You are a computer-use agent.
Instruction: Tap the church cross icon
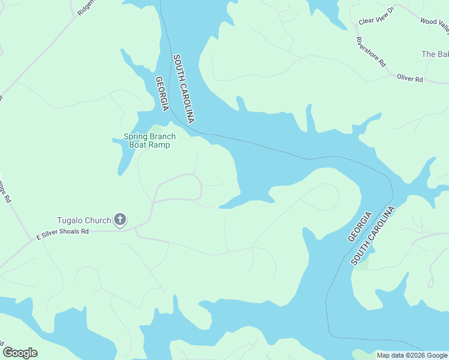pyautogui.click(x=120, y=220)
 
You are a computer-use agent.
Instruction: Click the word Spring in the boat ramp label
pyautogui.click(x=135, y=136)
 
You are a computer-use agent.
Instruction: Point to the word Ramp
pyautogui.click(x=160, y=145)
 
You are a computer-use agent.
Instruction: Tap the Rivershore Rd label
pyautogui.click(x=370, y=52)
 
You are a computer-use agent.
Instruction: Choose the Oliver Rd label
pyautogui.click(x=410, y=79)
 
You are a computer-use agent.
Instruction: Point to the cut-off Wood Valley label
pyautogui.click(x=434, y=22)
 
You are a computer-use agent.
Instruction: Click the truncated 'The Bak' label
pyautogui.click(x=435, y=54)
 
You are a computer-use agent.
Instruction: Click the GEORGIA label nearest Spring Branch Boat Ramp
pyautogui.click(x=161, y=94)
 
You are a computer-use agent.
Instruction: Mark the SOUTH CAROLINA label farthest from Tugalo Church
pyautogui.click(x=374, y=235)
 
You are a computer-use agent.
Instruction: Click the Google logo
pyautogui.click(x=20, y=353)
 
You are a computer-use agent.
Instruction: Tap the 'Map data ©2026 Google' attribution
pyautogui.click(x=412, y=355)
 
